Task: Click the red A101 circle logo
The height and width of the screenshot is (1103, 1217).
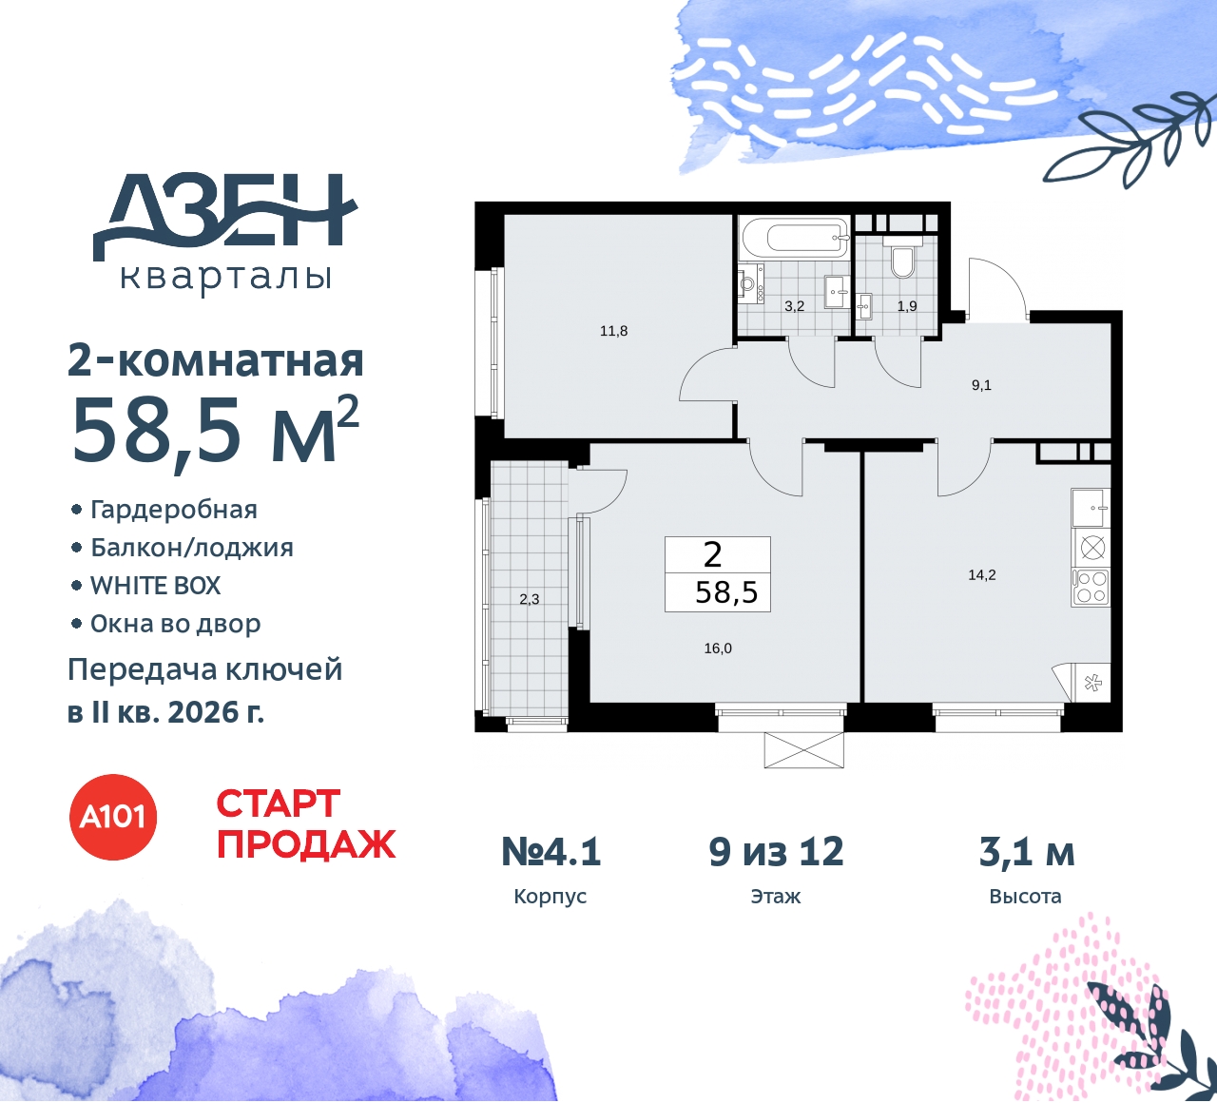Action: pyautogui.click(x=113, y=817)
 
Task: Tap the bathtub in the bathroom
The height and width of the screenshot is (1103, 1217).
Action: pyautogui.click(x=793, y=238)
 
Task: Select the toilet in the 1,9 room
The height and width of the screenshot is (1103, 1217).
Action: pyautogui.click(x=902, y=260)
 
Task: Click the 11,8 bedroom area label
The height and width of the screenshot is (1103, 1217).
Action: pyautogui.click(x=613, y=331)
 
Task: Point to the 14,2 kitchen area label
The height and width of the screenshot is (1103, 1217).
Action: pyautogui.click(x=981, y=574)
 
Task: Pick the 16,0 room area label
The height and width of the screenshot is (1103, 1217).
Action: pyautogui.click(x=718, y=648)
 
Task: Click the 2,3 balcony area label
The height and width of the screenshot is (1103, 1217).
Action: pyautogui.click(x=530, y=599)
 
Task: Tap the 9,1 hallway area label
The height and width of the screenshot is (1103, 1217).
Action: pyautogui.click(x=981, y=385)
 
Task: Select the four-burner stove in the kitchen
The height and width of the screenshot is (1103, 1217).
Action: pyautogui.click(x=1091, y=587)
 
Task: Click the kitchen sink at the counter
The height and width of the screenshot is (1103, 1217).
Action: pyautogui.click(x=1090, y=507)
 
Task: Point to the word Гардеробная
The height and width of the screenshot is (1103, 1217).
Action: pyautogui.click(x=173, y=510)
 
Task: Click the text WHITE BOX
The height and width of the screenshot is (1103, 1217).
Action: pyautogui.click(x=155, y=586)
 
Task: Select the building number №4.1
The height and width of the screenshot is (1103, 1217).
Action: pyautogui.click(x=551, y=852)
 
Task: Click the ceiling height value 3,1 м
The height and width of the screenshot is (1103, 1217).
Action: pyautogui.click(x=1027, y=852)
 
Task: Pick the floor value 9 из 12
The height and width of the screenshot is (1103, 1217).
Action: pyautogui.click(x=776, y=852)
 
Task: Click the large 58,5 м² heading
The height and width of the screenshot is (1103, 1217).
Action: pyautogui.click(x=215, y=430)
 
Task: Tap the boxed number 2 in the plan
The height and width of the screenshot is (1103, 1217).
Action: pyautogui.click(x=713, y=554)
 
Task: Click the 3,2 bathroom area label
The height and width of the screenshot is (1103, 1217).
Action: pyautogui.click(x=794, y=306)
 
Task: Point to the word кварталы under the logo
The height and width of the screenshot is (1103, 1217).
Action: pyautogui.click(x=226, y=277)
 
